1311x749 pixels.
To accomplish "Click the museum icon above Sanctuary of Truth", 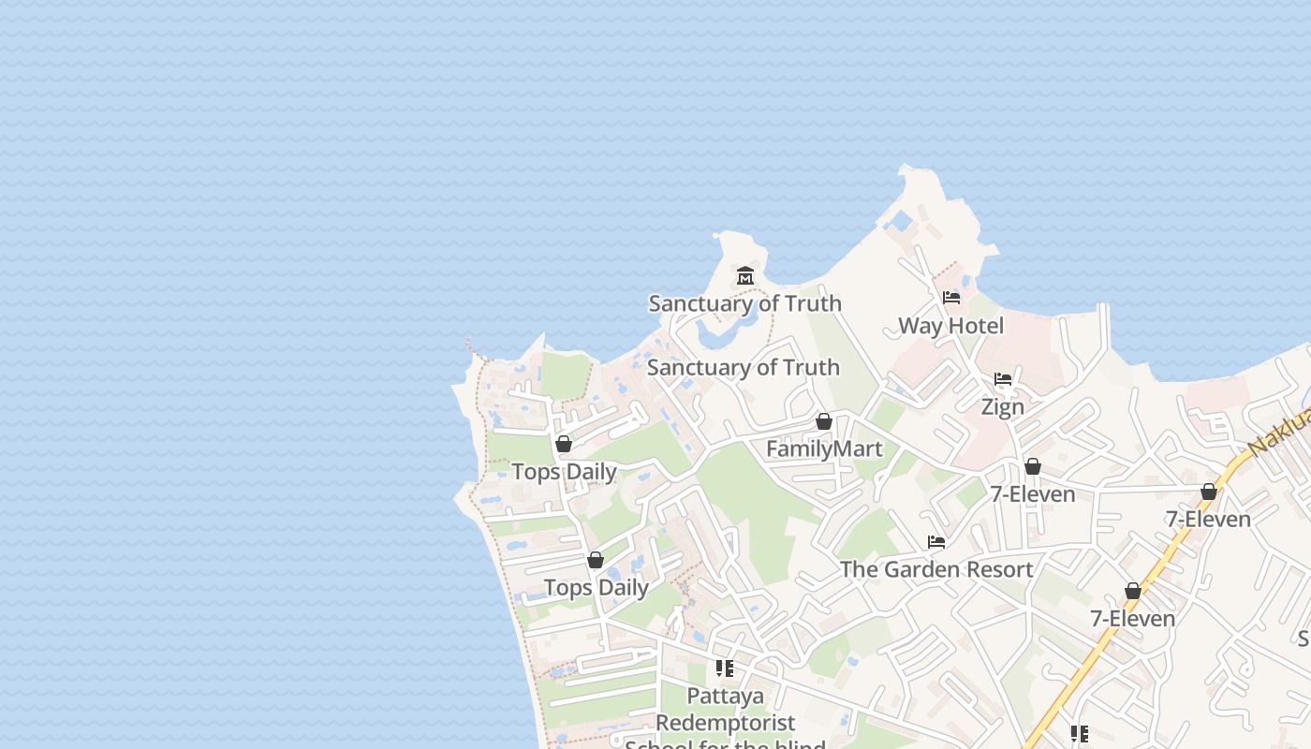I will tap(745, 276).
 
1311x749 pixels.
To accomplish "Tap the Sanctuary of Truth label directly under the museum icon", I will tap(744, 303).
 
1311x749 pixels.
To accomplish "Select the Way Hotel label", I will tap(950, 326).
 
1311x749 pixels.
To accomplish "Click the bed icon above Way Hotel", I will tap(951, 299).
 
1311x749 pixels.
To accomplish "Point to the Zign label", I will tap(1002, 407).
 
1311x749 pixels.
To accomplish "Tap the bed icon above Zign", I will tap(1003, 380).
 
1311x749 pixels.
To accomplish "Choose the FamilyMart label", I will tap(824, 449).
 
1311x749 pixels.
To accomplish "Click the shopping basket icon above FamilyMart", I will tap(824, 422).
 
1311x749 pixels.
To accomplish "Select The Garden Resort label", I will tap(936, 569).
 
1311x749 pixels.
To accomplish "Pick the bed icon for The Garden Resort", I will tap(935, 542).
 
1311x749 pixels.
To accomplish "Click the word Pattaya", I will tap(725, 696).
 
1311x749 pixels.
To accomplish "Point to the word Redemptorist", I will tap(725, 723).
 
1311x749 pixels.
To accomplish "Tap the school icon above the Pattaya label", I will tap(725, 668).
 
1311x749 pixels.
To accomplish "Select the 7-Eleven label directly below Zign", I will tap(1033, 493).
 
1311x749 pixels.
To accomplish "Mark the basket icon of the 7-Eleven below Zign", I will tap(1033, 466).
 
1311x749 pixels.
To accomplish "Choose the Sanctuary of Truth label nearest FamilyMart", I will tap(743, 367).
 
